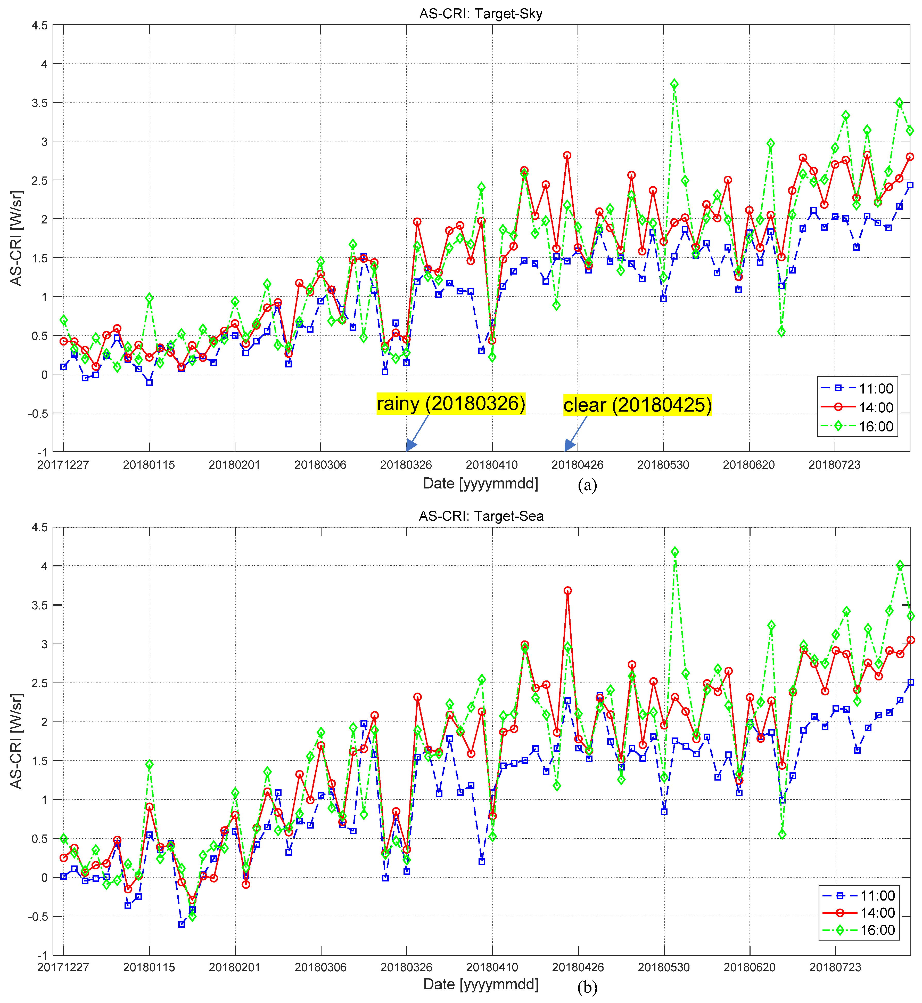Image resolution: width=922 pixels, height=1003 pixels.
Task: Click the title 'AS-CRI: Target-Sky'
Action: pyautogui.click(x=480, y=13)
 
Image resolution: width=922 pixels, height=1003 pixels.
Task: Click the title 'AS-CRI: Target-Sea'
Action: pyautogui.click(x=481, y=516)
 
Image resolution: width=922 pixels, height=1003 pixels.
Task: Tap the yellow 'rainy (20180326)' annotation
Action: pyautogui.click(x=451, y=403)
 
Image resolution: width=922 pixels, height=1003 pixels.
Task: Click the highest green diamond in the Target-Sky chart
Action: pyautogui.click(x=674, y=84)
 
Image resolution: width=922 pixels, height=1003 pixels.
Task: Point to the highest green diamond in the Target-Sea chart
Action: pyautogui.click(x=675, y=552)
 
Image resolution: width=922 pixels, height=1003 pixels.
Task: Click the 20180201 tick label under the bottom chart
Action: pyautogui.click(x=234, y=967)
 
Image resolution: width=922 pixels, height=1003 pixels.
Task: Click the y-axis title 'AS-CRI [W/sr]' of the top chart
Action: pyautogui.click(x=17, y=238)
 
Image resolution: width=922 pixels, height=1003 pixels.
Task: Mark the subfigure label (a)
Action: pyautogui.click(x=587, y=485)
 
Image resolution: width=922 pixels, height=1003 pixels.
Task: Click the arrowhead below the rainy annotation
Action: pyautogui.click(x=411, y=445)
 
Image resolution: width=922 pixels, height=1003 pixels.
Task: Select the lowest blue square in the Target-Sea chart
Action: pyautogui.click(x=182, y=924)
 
